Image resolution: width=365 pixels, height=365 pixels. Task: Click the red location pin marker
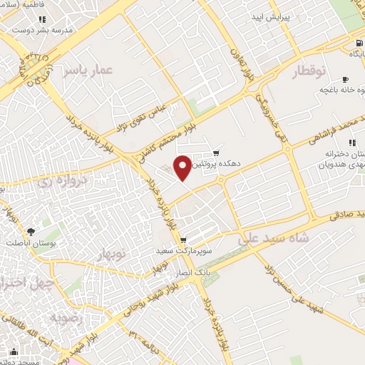(x=183, y=167)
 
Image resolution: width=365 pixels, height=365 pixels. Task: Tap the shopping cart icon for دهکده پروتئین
(x=217, y=153)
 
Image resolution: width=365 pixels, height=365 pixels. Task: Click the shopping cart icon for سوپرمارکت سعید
(x=183, y=240)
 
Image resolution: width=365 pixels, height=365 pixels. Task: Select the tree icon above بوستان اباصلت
(x=31, y=231)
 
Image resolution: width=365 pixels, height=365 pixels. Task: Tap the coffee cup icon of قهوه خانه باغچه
(x=346, y=79)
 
